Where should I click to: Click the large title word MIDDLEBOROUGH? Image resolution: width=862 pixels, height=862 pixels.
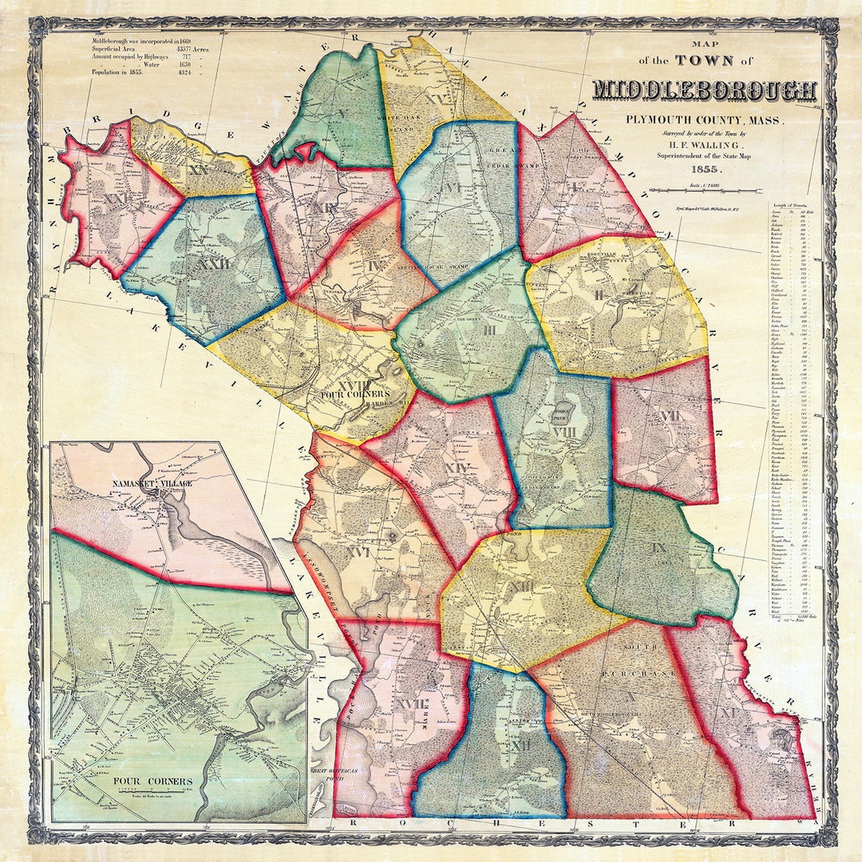(706, 91)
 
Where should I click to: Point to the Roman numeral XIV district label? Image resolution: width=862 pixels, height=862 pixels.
(455, 469)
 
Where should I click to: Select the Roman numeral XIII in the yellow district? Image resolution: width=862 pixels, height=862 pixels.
(523, 588)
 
